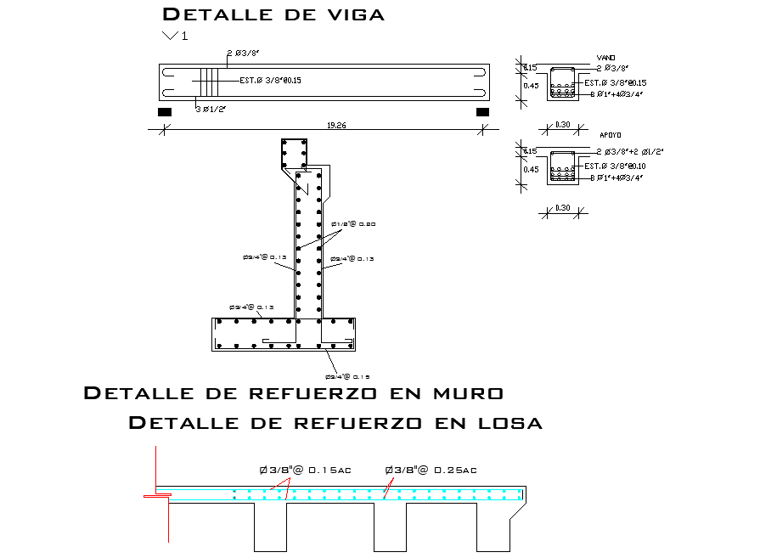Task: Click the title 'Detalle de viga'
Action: pyautogui.click(x=273, y=14)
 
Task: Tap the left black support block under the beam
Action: pyautogui.click(x=165, y=111)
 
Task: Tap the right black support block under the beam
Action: pyautogui.click(x=482, y=111)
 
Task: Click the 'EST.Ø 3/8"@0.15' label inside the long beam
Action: pyautogui.click(x=271, y=81)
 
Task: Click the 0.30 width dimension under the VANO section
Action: pyautogui.click(x=563, y=125)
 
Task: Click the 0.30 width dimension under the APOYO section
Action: pyautogui.click(x=563, y=208)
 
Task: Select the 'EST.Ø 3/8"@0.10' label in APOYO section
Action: pyautogui.click(x=616, y=166)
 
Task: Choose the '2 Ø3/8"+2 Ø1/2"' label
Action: pyautogui.click(x=629, y=151)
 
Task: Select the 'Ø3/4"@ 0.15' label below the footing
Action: pyautogui.click(x=347, y=375)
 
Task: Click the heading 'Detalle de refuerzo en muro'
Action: pyautogui.click(x=294, y=393)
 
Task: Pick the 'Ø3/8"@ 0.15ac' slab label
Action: pyautogui.click(x=306, y=470)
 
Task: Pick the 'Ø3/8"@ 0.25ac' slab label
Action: pyautogui.click(x=431, y=470)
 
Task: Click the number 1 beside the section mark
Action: pyautogui.click(x=184, y=36)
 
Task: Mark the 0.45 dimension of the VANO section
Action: pyautogui.click(x=531, y=85)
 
